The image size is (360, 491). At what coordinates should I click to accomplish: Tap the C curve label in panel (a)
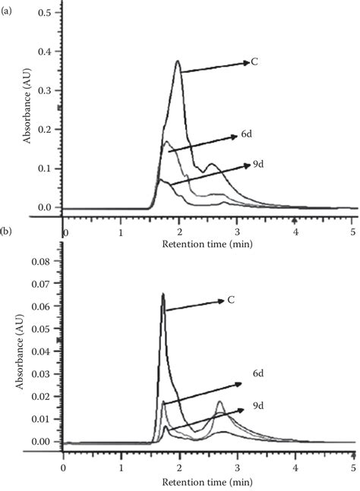tap(255, 61)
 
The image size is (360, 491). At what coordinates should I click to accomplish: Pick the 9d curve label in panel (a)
tap(258, 164)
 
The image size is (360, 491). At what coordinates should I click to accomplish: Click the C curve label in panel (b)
tap(231, 301)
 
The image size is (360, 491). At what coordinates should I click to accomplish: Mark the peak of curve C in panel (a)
tap(178, 61)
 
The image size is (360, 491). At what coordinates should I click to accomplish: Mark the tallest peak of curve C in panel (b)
tap(163, 294)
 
